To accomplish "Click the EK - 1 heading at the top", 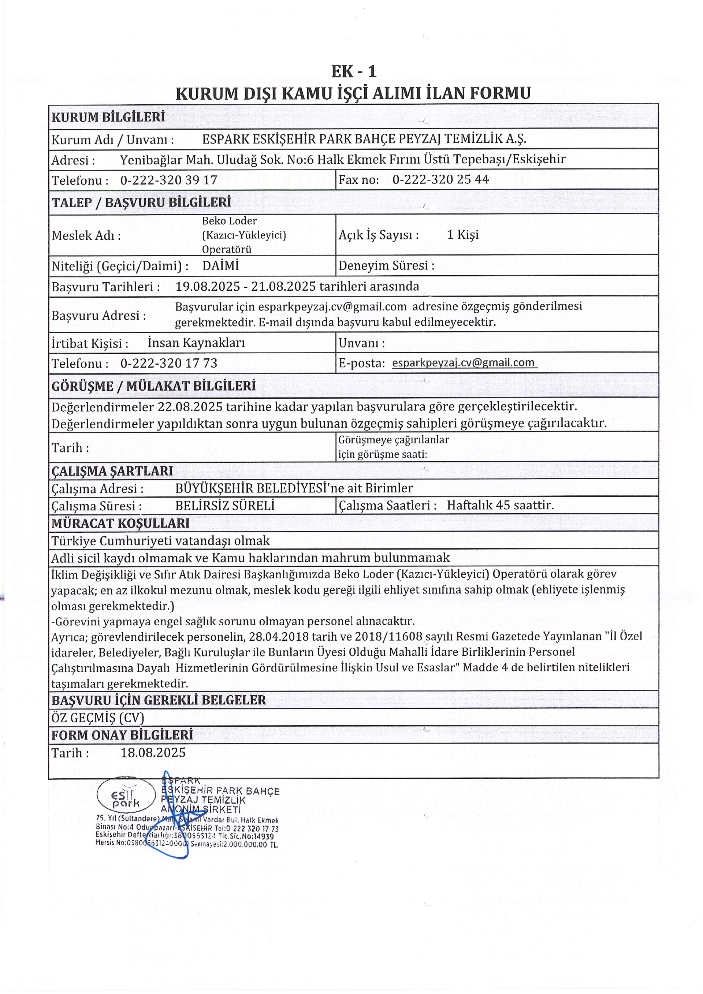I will [x=354, y=71].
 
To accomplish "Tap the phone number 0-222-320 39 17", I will [x=168, y=180].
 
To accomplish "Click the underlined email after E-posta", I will [x=463, y=362].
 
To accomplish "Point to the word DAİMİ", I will [x=220, y=266].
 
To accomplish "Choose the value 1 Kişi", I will [x=463, y=235].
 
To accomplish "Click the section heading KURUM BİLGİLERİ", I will [x=108, y=117].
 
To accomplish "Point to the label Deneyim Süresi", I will [x=386, y=265].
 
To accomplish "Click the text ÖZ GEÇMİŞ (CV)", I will [x=97, y=718].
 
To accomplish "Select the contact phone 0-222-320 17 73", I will [x=168, y=363].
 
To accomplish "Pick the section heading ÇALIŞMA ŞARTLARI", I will [x=112, y=471].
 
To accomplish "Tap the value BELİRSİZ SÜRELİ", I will [x=225, y=506].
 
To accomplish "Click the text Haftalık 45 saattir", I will [x=500, y=505].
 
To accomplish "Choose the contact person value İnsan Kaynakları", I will [x=196, y=343].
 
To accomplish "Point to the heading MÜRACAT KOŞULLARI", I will [x=120, y=524].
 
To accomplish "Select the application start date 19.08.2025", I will [x=208, y=287].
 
